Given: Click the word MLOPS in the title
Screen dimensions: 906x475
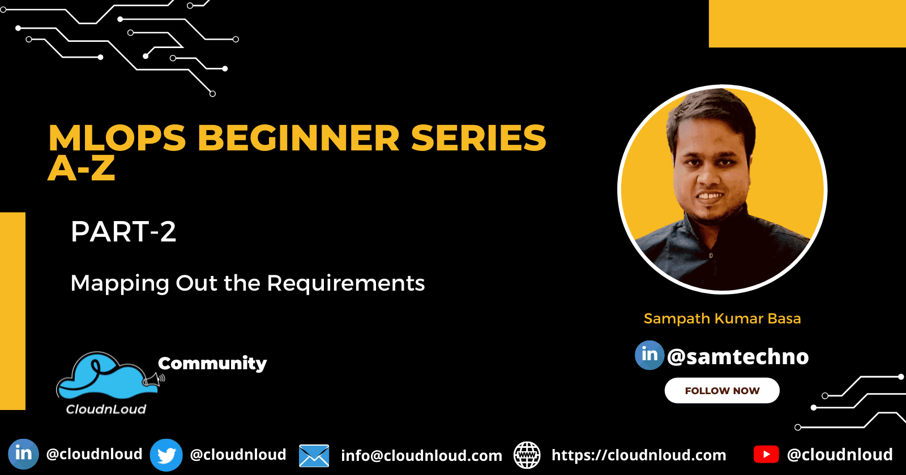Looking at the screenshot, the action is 117,138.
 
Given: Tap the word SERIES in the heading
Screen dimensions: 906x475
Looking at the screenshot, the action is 478,138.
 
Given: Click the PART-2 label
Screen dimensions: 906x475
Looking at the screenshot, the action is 123,231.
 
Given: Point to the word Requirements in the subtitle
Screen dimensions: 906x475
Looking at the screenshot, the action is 346,283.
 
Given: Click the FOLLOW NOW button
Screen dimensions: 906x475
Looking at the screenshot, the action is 722,391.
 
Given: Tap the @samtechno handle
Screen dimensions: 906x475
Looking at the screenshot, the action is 738,356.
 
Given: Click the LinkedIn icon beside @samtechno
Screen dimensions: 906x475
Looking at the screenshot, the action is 649,355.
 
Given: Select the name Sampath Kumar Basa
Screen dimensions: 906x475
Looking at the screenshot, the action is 723,318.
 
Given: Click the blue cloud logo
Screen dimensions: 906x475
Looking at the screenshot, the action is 108,375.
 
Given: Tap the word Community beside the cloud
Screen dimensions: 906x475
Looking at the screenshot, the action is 212,364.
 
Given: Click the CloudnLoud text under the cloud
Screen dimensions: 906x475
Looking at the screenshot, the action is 106,409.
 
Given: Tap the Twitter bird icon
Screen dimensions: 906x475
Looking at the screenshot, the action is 166,455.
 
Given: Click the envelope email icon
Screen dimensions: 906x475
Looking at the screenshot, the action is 314,456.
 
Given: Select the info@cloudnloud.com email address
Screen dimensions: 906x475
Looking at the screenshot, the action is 421,456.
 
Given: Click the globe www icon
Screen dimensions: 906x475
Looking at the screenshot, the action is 527,455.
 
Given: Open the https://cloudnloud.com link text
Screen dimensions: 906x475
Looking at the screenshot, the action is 639,455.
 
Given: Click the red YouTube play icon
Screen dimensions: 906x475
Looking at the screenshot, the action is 766,455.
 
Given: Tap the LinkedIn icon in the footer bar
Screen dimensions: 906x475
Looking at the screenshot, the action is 23,454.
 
